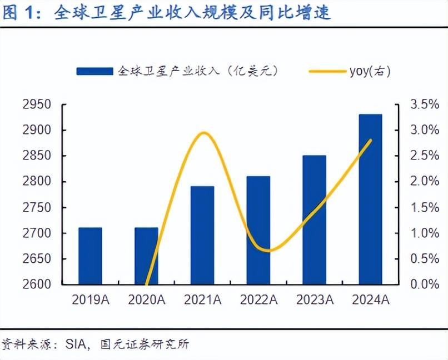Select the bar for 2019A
click(90, 256)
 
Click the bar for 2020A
click(146, 256)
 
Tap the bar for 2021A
click(202, 235)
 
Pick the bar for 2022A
click(258, 230)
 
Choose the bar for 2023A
click(314, 219)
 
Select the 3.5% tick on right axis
click(424, 105)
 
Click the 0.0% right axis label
click(424, 284)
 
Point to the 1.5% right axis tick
click(424, 208)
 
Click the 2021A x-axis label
click(202, 301)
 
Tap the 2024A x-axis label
click(370, 301)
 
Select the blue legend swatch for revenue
click(95, 72)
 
